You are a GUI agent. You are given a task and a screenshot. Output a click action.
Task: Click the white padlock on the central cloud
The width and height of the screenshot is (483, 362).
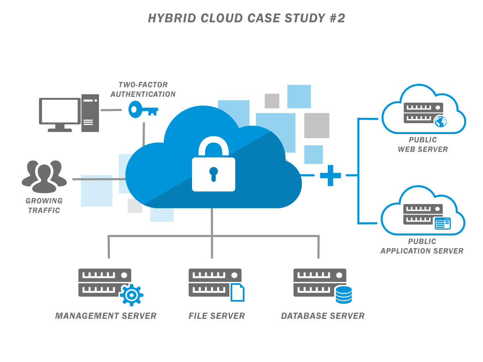click(213, 168)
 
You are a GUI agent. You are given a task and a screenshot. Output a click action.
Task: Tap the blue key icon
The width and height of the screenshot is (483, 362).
click(143, 110)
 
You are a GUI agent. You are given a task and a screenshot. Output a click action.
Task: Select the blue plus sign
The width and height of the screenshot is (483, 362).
click(330, 175)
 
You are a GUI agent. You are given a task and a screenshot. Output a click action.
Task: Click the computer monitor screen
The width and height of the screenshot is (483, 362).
click(59, 111)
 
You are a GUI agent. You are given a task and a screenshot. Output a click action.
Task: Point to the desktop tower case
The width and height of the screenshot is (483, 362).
click(90, 113)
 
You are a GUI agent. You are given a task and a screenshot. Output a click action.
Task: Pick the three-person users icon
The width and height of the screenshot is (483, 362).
click(44, 173)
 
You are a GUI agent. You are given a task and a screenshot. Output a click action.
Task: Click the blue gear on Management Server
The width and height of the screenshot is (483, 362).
click(131, 295)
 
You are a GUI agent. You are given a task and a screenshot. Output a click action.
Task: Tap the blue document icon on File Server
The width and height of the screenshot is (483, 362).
click(237, 292)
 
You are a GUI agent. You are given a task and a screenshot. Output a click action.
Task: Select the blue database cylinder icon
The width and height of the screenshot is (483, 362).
click(344, 294)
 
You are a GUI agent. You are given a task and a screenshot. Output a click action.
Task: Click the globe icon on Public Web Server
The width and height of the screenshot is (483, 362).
click(440, 122)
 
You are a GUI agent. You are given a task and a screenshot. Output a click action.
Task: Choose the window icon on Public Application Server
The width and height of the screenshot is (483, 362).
click(442, 223)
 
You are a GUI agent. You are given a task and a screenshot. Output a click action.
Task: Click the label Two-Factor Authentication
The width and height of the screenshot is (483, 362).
click(143, 90)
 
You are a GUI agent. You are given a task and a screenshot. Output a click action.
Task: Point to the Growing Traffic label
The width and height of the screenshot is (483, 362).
click(44, 205)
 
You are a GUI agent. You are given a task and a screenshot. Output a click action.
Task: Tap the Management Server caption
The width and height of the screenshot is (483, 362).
click(106, 316)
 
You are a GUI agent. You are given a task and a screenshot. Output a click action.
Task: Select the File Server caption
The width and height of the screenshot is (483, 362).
click(216, 316)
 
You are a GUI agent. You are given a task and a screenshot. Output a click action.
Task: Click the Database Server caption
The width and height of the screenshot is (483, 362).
click(322, 316)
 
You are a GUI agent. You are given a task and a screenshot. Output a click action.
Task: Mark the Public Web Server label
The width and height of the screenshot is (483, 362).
click(423, 144)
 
